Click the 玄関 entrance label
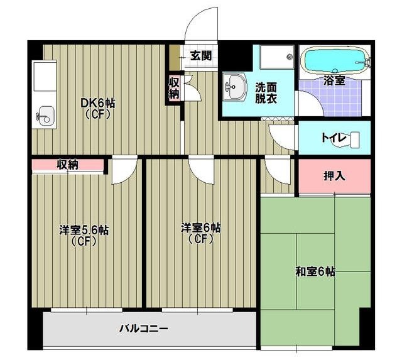201,56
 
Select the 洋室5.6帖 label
84,235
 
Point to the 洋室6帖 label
201,232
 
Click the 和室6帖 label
315,272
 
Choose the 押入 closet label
334,175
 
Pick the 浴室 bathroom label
333,80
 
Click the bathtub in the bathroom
334,61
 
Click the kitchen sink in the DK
46,116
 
